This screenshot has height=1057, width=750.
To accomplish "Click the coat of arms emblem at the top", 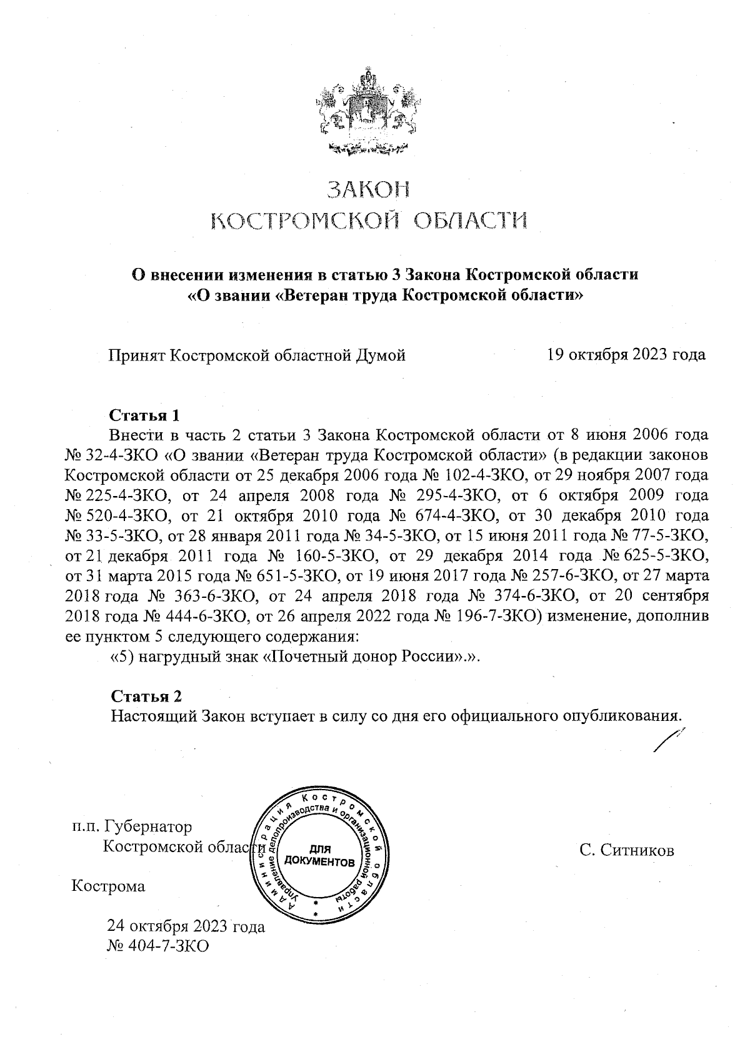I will [367, 112].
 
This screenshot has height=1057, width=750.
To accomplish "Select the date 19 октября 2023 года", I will [626, 355].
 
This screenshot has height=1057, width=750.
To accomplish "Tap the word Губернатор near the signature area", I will [149, 826].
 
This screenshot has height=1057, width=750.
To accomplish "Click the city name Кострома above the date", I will [108, 886].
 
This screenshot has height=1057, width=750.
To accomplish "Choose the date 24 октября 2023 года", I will [186, 926].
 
